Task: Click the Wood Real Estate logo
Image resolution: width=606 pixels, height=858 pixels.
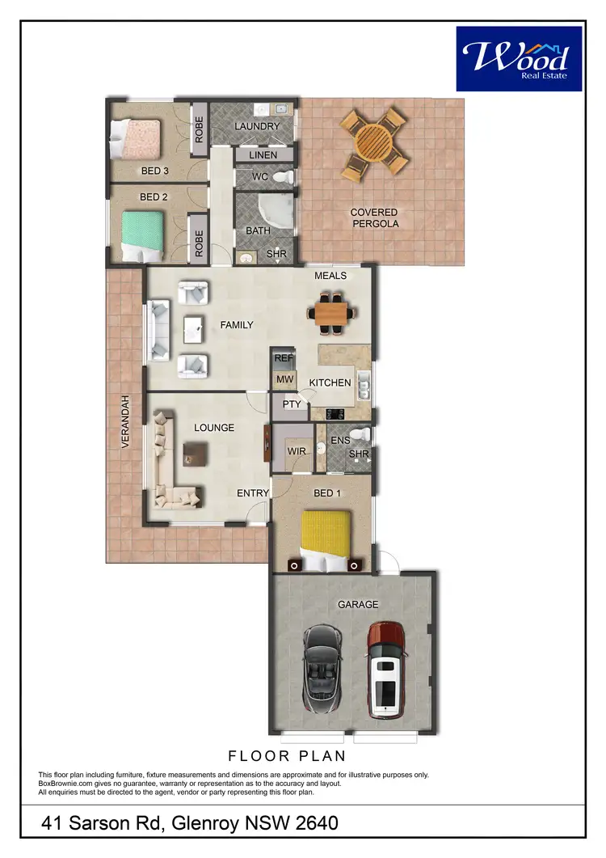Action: tap(519, 58)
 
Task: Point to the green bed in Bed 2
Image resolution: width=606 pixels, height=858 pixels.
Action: tap(143, 235)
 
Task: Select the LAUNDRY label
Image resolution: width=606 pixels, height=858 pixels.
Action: tap(257, 127)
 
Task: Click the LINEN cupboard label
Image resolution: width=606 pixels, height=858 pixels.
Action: tap(263, 155)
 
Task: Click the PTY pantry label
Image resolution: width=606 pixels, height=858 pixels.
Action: tap(292, 404)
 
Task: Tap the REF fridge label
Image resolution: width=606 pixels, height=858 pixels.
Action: tap(283, 357)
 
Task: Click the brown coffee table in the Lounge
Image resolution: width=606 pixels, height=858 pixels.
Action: tap(195, 453)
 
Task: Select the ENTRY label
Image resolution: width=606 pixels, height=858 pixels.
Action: tap(253, 493)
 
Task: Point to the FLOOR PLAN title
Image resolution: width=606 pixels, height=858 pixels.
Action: tap(287, 756)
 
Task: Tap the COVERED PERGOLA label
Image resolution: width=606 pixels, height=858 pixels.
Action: tap(373, 218)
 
